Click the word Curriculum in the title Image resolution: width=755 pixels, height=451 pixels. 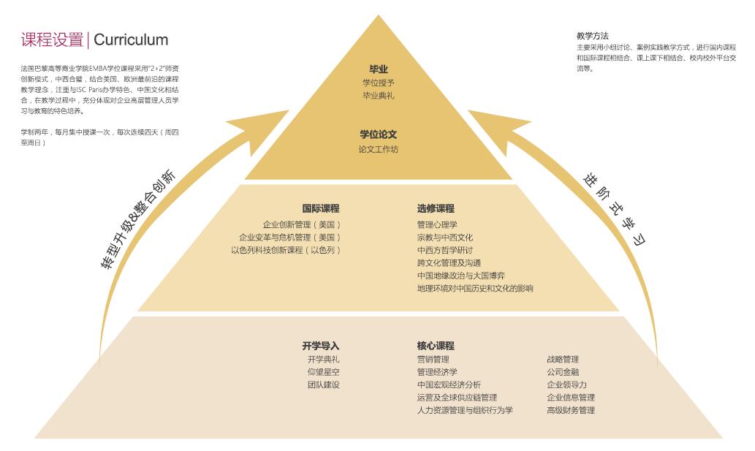[131, 40]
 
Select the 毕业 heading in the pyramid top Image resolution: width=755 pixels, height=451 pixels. [378, 69]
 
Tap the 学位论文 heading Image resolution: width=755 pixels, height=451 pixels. [378, 134]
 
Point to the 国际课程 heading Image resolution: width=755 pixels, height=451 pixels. [321, 208]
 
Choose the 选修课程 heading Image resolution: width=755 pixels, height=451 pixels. [436, 208]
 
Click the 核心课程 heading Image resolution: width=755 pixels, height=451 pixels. [436, 346]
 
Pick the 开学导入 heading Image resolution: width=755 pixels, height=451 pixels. [321, 346]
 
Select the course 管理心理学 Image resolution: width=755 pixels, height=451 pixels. [437, 225]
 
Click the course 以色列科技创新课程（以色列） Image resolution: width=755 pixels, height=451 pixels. [286, 250]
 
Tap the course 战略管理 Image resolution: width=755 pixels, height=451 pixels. [563, 359]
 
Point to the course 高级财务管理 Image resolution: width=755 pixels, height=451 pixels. [571, 410]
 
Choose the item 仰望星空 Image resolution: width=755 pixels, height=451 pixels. [323, 372]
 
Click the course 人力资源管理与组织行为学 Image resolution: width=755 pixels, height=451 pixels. [465, 410]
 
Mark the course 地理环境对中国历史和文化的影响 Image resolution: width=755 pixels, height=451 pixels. [475, 288]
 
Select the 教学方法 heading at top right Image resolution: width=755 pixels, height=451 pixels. [592, 36]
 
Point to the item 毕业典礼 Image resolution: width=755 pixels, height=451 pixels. [379, 96]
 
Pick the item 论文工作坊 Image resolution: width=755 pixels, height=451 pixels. [379, 149]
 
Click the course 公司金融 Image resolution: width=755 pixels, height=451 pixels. [563, 372]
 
